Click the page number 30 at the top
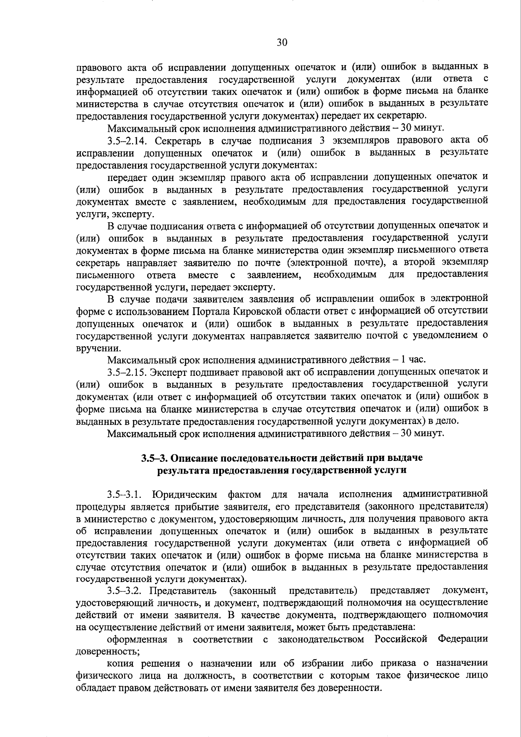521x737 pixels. coord(282,42)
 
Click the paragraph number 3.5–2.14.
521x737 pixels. coord(129,141)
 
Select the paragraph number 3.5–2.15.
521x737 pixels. coord(129,372)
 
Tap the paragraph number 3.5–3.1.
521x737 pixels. coord(125,494)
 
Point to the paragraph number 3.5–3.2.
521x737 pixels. coord(125,591)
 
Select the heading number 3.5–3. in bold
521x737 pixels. coord(154,458)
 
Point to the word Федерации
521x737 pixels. coord(462,639)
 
